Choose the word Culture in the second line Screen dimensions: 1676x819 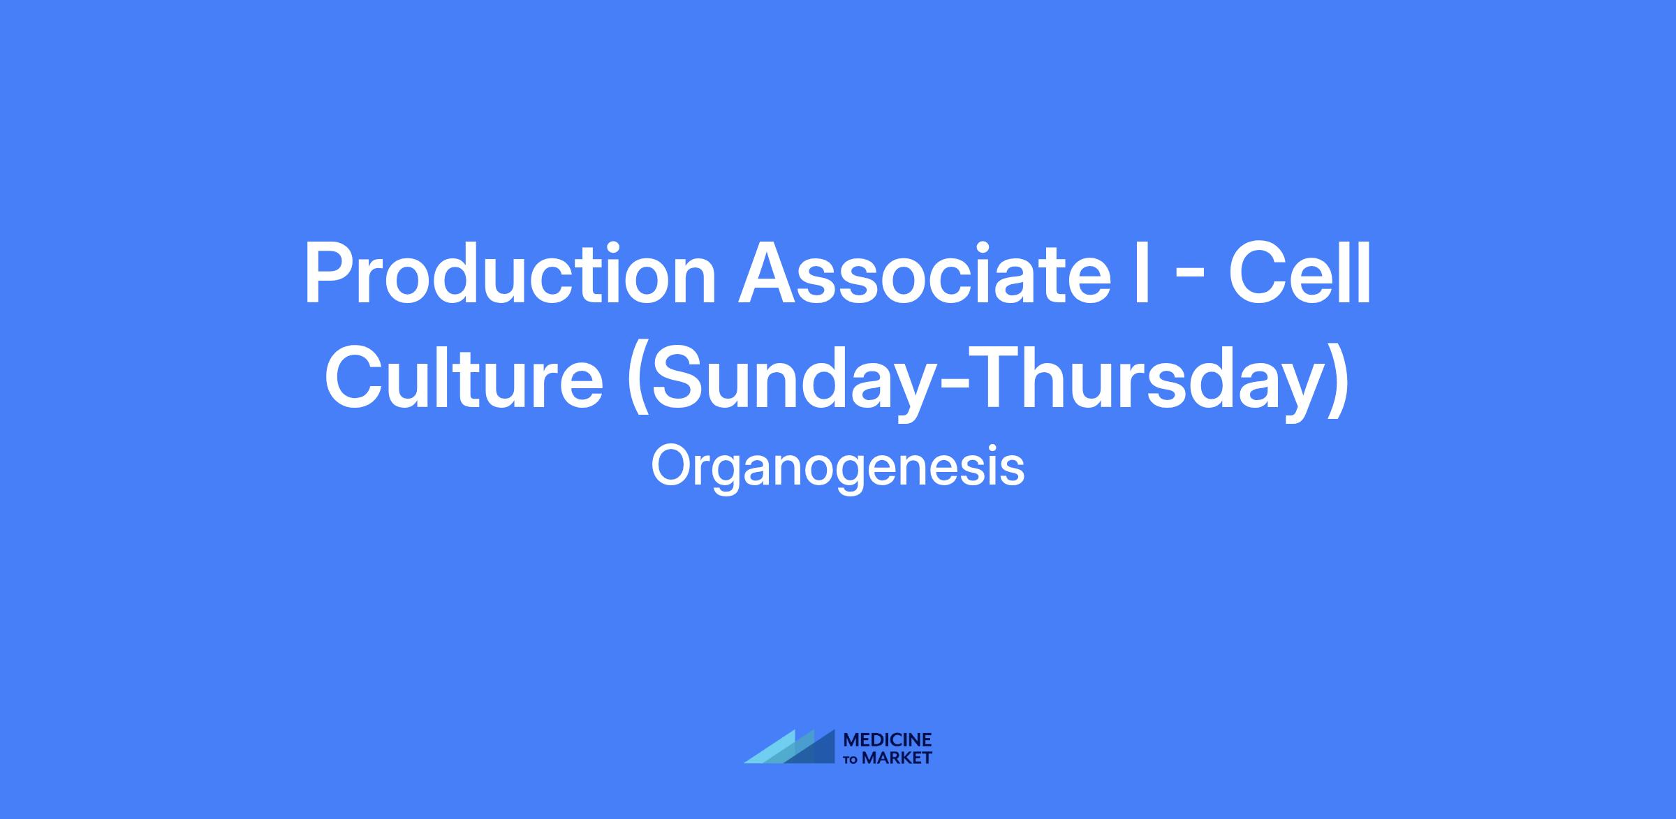[x=464, y=377]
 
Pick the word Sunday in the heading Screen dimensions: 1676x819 [x=793, y=383]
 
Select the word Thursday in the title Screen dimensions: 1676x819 [x=1147, y=383]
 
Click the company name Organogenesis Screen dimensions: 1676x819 [x=838, y=468]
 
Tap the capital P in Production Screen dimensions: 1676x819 [x=330, y=273]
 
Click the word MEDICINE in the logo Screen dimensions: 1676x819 [x=888, y=740]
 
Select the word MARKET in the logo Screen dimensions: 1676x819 [x=897, y=758]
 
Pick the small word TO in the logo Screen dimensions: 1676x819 [x=852, y=759]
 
